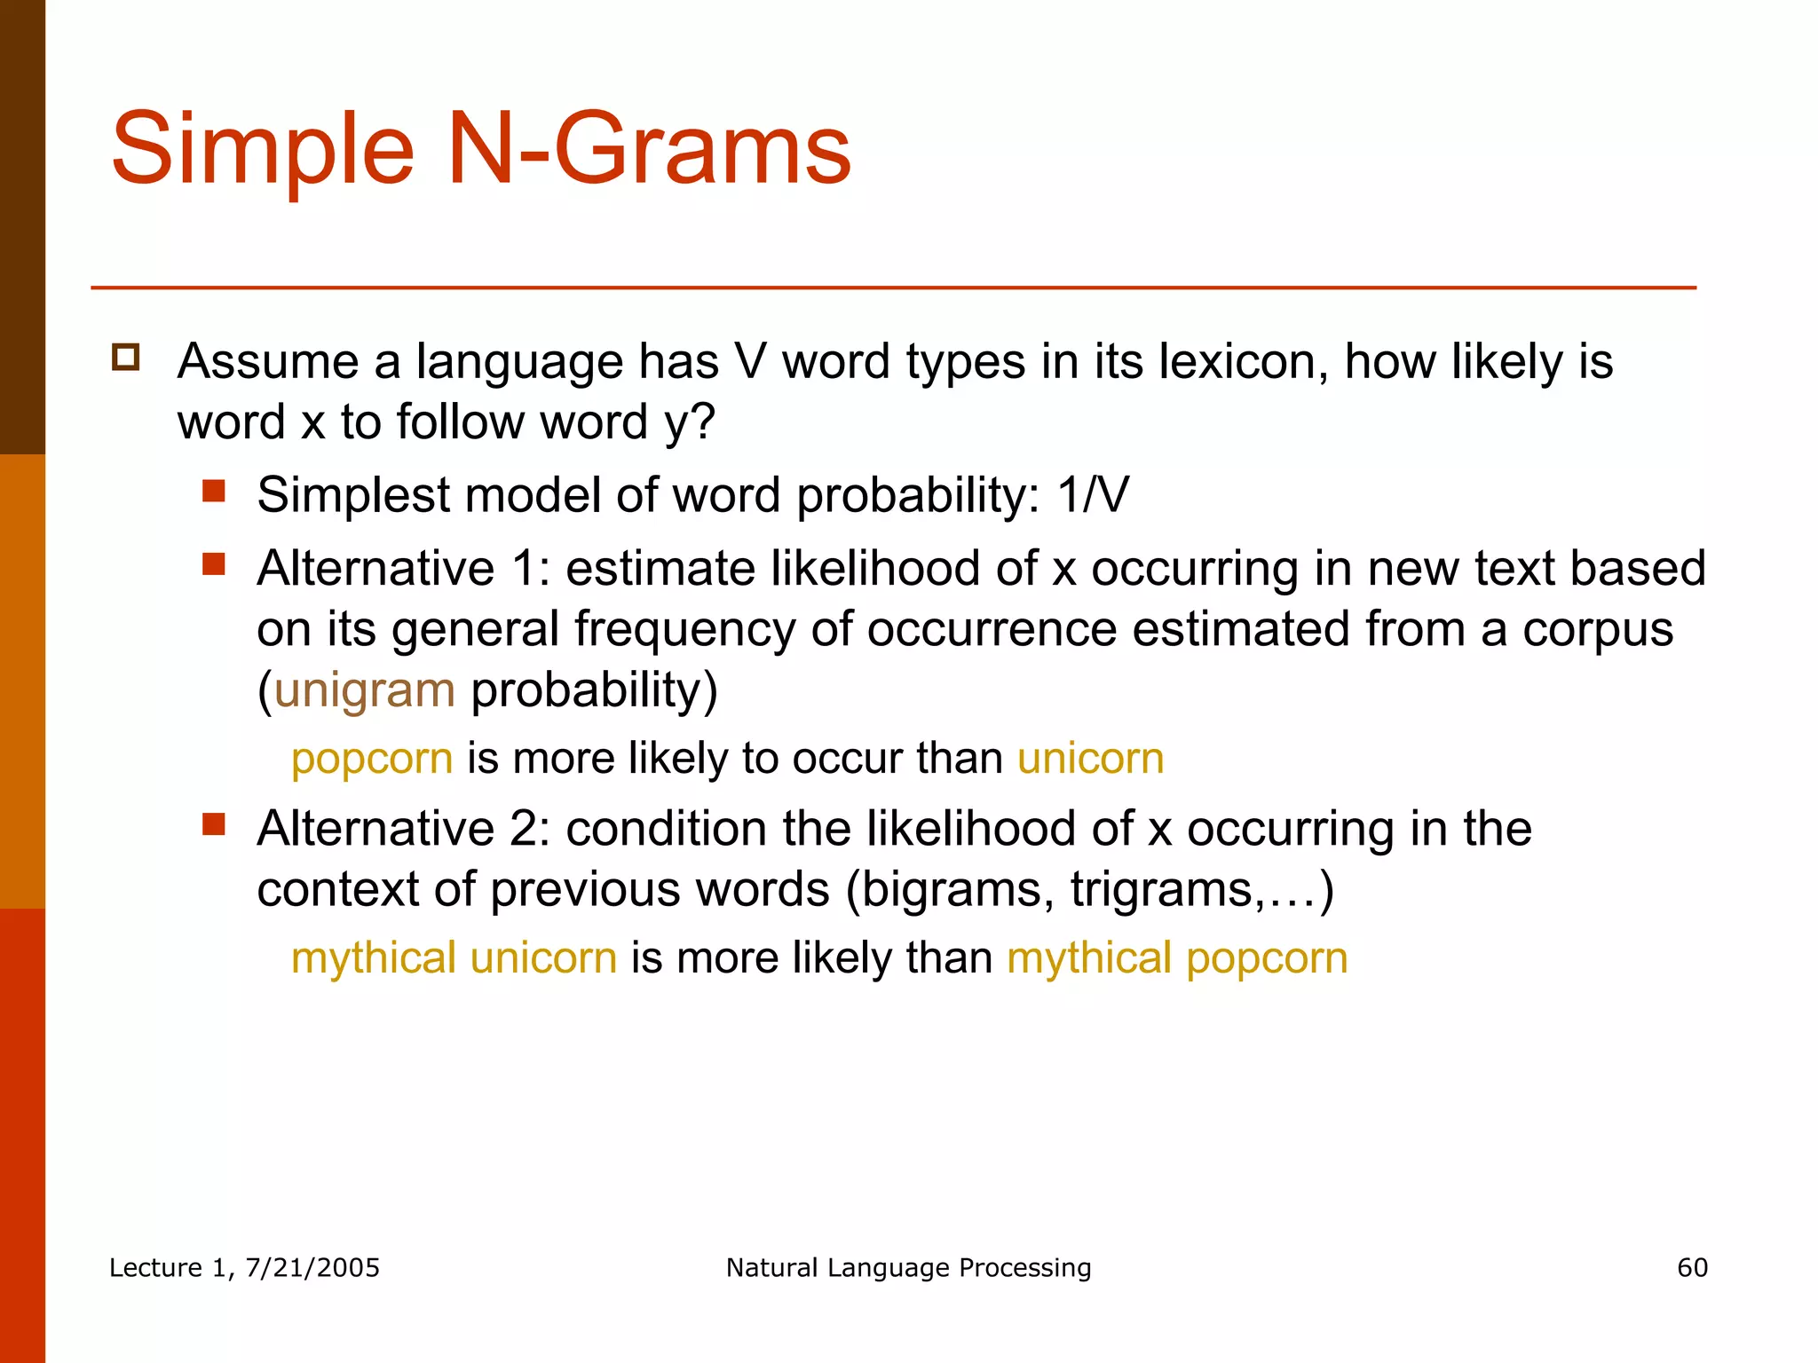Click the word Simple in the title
pyautogui.click(x=263, y=151)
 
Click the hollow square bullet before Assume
pyautogui.click(x=126, y=358)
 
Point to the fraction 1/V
pyautogui.click(x=1093, y=495)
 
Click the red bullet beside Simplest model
pyautogui.click(x=213, y=491)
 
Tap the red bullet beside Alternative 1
pyautogui.click(x=213, y=564)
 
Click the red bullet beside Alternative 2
pyautogui.click(x=213, y=824)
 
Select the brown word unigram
pyautogui.click(x=365, y=690)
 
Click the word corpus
pyautogui.click(x=1598, y=630)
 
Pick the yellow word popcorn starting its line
pyautogui.click(x=372, y=759)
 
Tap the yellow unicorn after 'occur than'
pyautogui.click(x=1090, y=759)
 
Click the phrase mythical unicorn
pyautogui.click(x=454, y=958)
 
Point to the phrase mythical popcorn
pyautogui.click(x=1177, y=958)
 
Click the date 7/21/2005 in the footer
pyautogui.click(x=312, y=1268)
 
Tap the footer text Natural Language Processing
pyautogui.click(x=908, y=1268)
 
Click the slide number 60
pyautogui.click(x=1692, y=1268)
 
